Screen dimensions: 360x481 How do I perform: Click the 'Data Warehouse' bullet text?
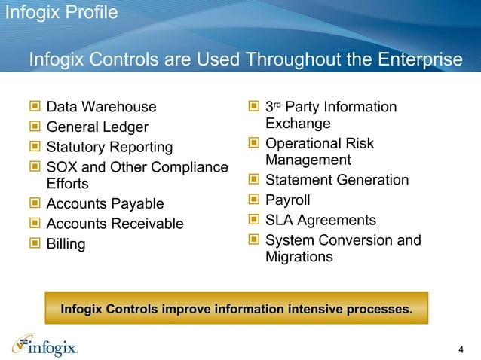point(101,108)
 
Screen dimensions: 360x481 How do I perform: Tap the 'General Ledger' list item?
point(97,127)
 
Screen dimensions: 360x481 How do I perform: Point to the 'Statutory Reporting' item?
point(109,147)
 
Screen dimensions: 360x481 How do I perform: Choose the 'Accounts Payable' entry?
point(105,204)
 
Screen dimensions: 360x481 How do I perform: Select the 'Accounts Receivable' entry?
point(115,224)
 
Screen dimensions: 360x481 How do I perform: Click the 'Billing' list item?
point(66,244)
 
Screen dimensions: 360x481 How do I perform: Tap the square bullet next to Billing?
point(34,244)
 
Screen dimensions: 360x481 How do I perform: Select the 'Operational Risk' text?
point(320,143)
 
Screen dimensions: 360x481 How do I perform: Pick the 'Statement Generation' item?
point(337,180)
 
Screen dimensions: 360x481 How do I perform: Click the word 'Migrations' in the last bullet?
point(299,257)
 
